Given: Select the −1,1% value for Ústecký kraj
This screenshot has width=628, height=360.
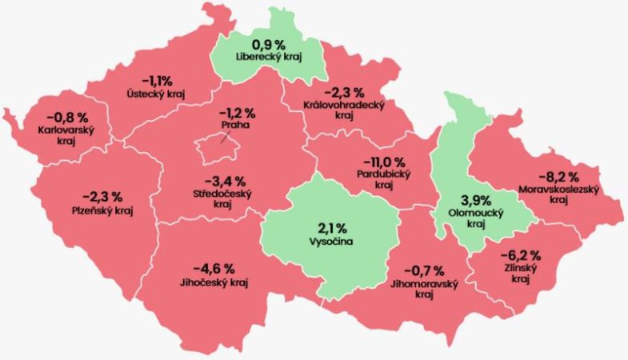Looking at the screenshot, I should coord(157,81).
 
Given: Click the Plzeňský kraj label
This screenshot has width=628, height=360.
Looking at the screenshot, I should coord(102,210).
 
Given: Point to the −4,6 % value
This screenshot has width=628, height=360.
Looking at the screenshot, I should coord(213,267).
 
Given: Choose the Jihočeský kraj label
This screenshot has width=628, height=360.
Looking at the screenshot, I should coord(213,282).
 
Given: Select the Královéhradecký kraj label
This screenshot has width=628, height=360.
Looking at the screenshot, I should coord(345,110).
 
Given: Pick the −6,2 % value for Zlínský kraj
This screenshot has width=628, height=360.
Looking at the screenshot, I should coord(521,256).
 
